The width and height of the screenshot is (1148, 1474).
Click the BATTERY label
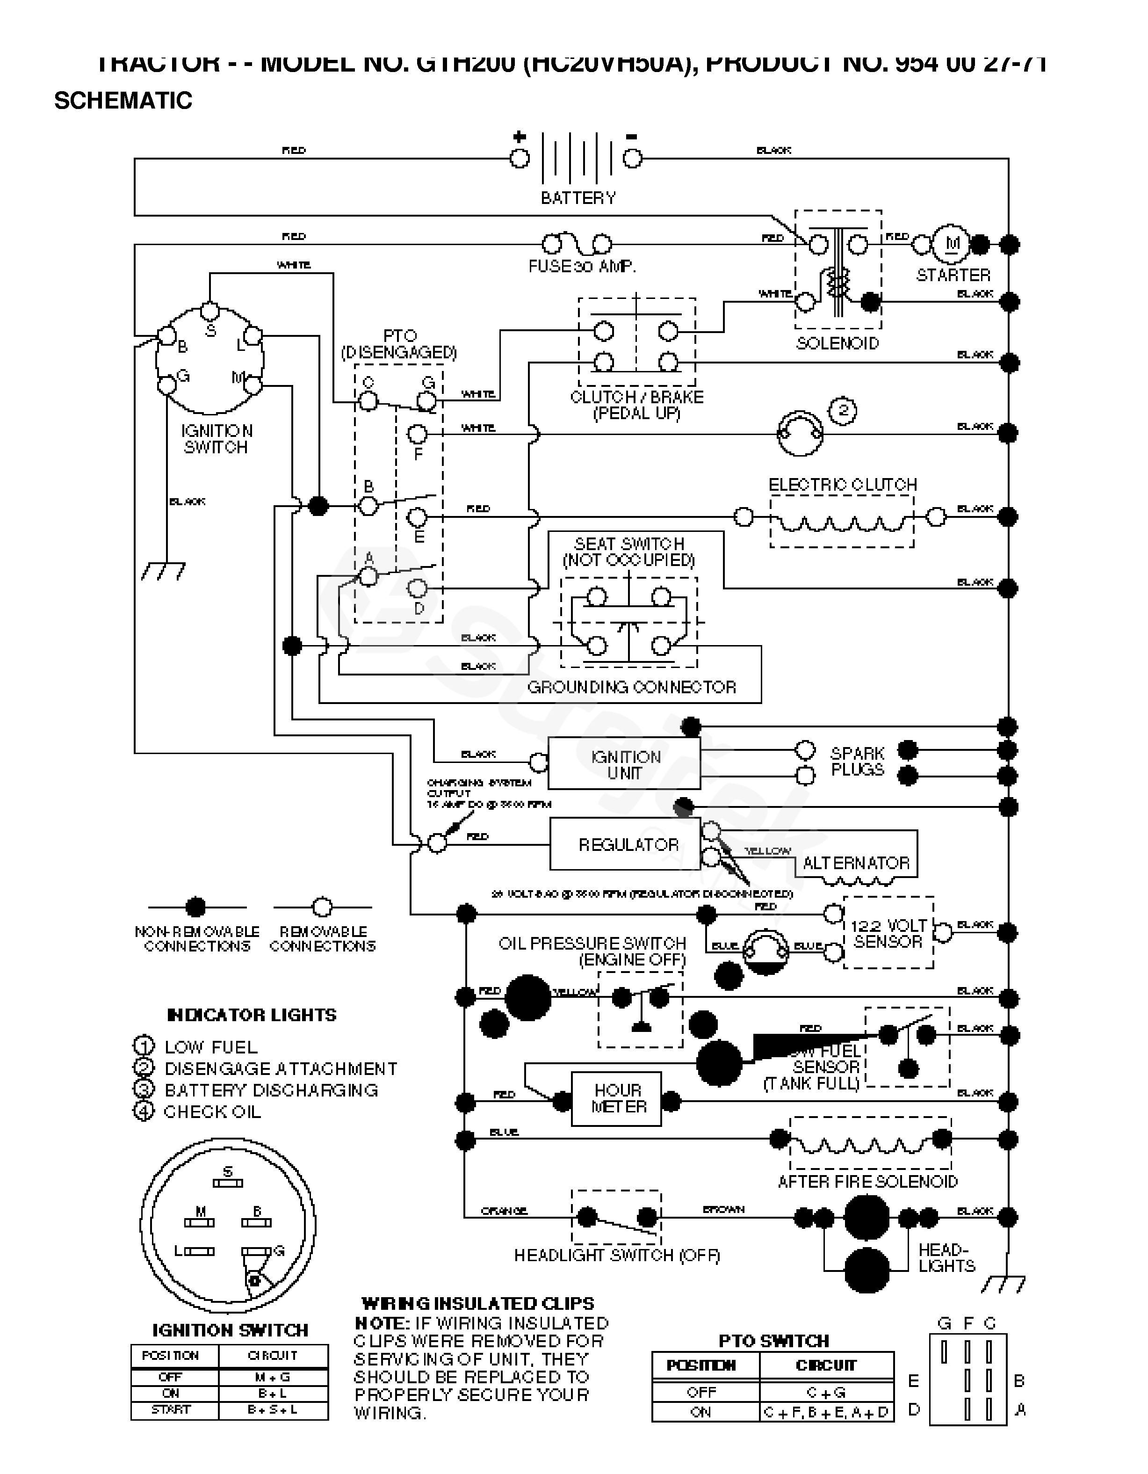pos(578,198)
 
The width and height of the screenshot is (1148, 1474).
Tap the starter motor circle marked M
pos(952,244)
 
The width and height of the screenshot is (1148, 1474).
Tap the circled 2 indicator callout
pos(843,410)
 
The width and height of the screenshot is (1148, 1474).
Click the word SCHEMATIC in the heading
pos(123,101)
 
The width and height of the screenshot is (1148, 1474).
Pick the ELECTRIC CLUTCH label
pos(843,485)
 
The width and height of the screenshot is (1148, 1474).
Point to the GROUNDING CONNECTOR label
pos(631,687)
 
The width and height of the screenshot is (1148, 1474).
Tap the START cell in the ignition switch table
pos(171,1409)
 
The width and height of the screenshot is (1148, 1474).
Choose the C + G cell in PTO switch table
pos(826,1392)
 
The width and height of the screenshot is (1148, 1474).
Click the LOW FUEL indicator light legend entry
pos(195,1047)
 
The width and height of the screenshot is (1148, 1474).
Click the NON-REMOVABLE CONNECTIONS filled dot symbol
pos(195,907)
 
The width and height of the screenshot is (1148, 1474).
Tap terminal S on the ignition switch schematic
pos(210,312)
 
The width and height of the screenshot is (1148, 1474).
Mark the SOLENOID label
pos(837,343)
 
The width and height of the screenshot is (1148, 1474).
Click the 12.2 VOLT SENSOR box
pos(888,933)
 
